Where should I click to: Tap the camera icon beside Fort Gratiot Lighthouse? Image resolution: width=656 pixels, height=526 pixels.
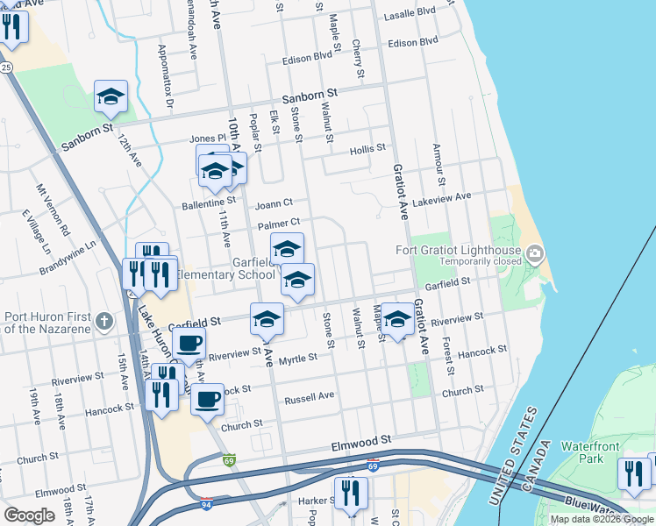tap(535, 253)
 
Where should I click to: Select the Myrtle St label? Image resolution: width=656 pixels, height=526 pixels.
tap(297, 359)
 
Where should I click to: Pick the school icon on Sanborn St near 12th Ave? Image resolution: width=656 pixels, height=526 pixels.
tap(111, 96)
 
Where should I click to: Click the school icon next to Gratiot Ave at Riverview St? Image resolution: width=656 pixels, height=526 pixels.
tap(397, 320)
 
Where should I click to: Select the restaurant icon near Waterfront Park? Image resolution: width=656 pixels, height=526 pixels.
tap(632, 473)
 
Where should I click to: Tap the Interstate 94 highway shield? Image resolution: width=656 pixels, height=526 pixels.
tap(203, 502)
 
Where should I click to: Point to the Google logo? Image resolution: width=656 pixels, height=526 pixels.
tap(29, 515)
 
